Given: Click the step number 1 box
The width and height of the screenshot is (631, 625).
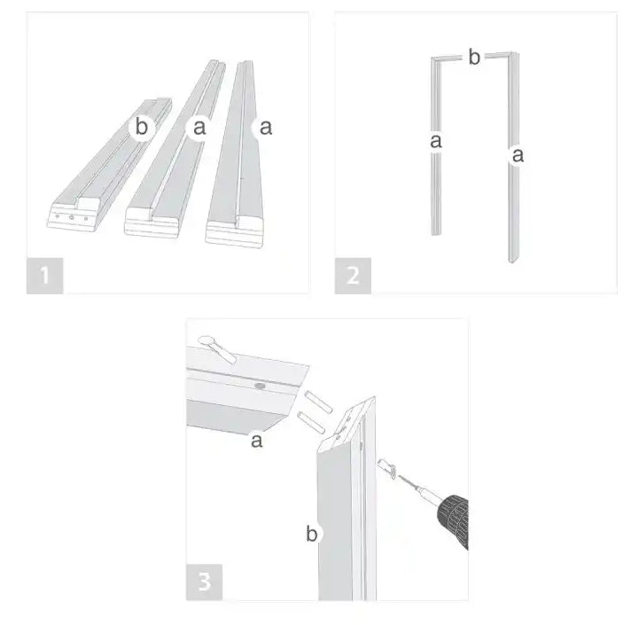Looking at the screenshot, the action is click(x=44, y=276).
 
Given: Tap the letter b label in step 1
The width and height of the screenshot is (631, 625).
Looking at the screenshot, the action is click(x=141, y=127).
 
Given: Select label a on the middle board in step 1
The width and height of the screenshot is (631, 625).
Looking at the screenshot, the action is click(x=199, y=128).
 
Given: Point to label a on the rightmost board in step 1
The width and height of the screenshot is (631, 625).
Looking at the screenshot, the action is click(x=266, y=128).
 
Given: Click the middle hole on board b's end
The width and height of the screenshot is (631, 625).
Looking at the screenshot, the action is click(x=71, y=217).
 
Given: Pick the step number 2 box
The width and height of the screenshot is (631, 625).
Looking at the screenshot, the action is click(x=353, y=276).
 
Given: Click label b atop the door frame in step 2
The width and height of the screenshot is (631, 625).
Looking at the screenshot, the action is click(x=474, y=57).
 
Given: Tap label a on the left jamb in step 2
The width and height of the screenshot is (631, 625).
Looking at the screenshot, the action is click(x=436, y=141).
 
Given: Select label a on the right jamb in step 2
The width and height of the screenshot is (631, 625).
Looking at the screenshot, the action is click(x=518, y=155).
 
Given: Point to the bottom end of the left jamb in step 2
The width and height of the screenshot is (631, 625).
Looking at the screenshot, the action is click(x=436, y=233).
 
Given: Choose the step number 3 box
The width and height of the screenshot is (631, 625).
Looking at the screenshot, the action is click(x=204, y=582).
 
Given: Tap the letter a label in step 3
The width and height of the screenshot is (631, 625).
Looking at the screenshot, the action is click(x=257, y=441).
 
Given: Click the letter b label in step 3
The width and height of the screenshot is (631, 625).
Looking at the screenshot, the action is click(x=312, y=534).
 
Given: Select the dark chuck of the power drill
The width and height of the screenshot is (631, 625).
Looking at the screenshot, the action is click(x=455, y=520).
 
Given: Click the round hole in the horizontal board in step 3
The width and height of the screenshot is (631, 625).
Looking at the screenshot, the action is click(x=260, y=387).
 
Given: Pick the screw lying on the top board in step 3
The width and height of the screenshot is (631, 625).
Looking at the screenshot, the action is click(x=216, y=348).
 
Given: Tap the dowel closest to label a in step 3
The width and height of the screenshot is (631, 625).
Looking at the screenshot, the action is click(x=311, y=423).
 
